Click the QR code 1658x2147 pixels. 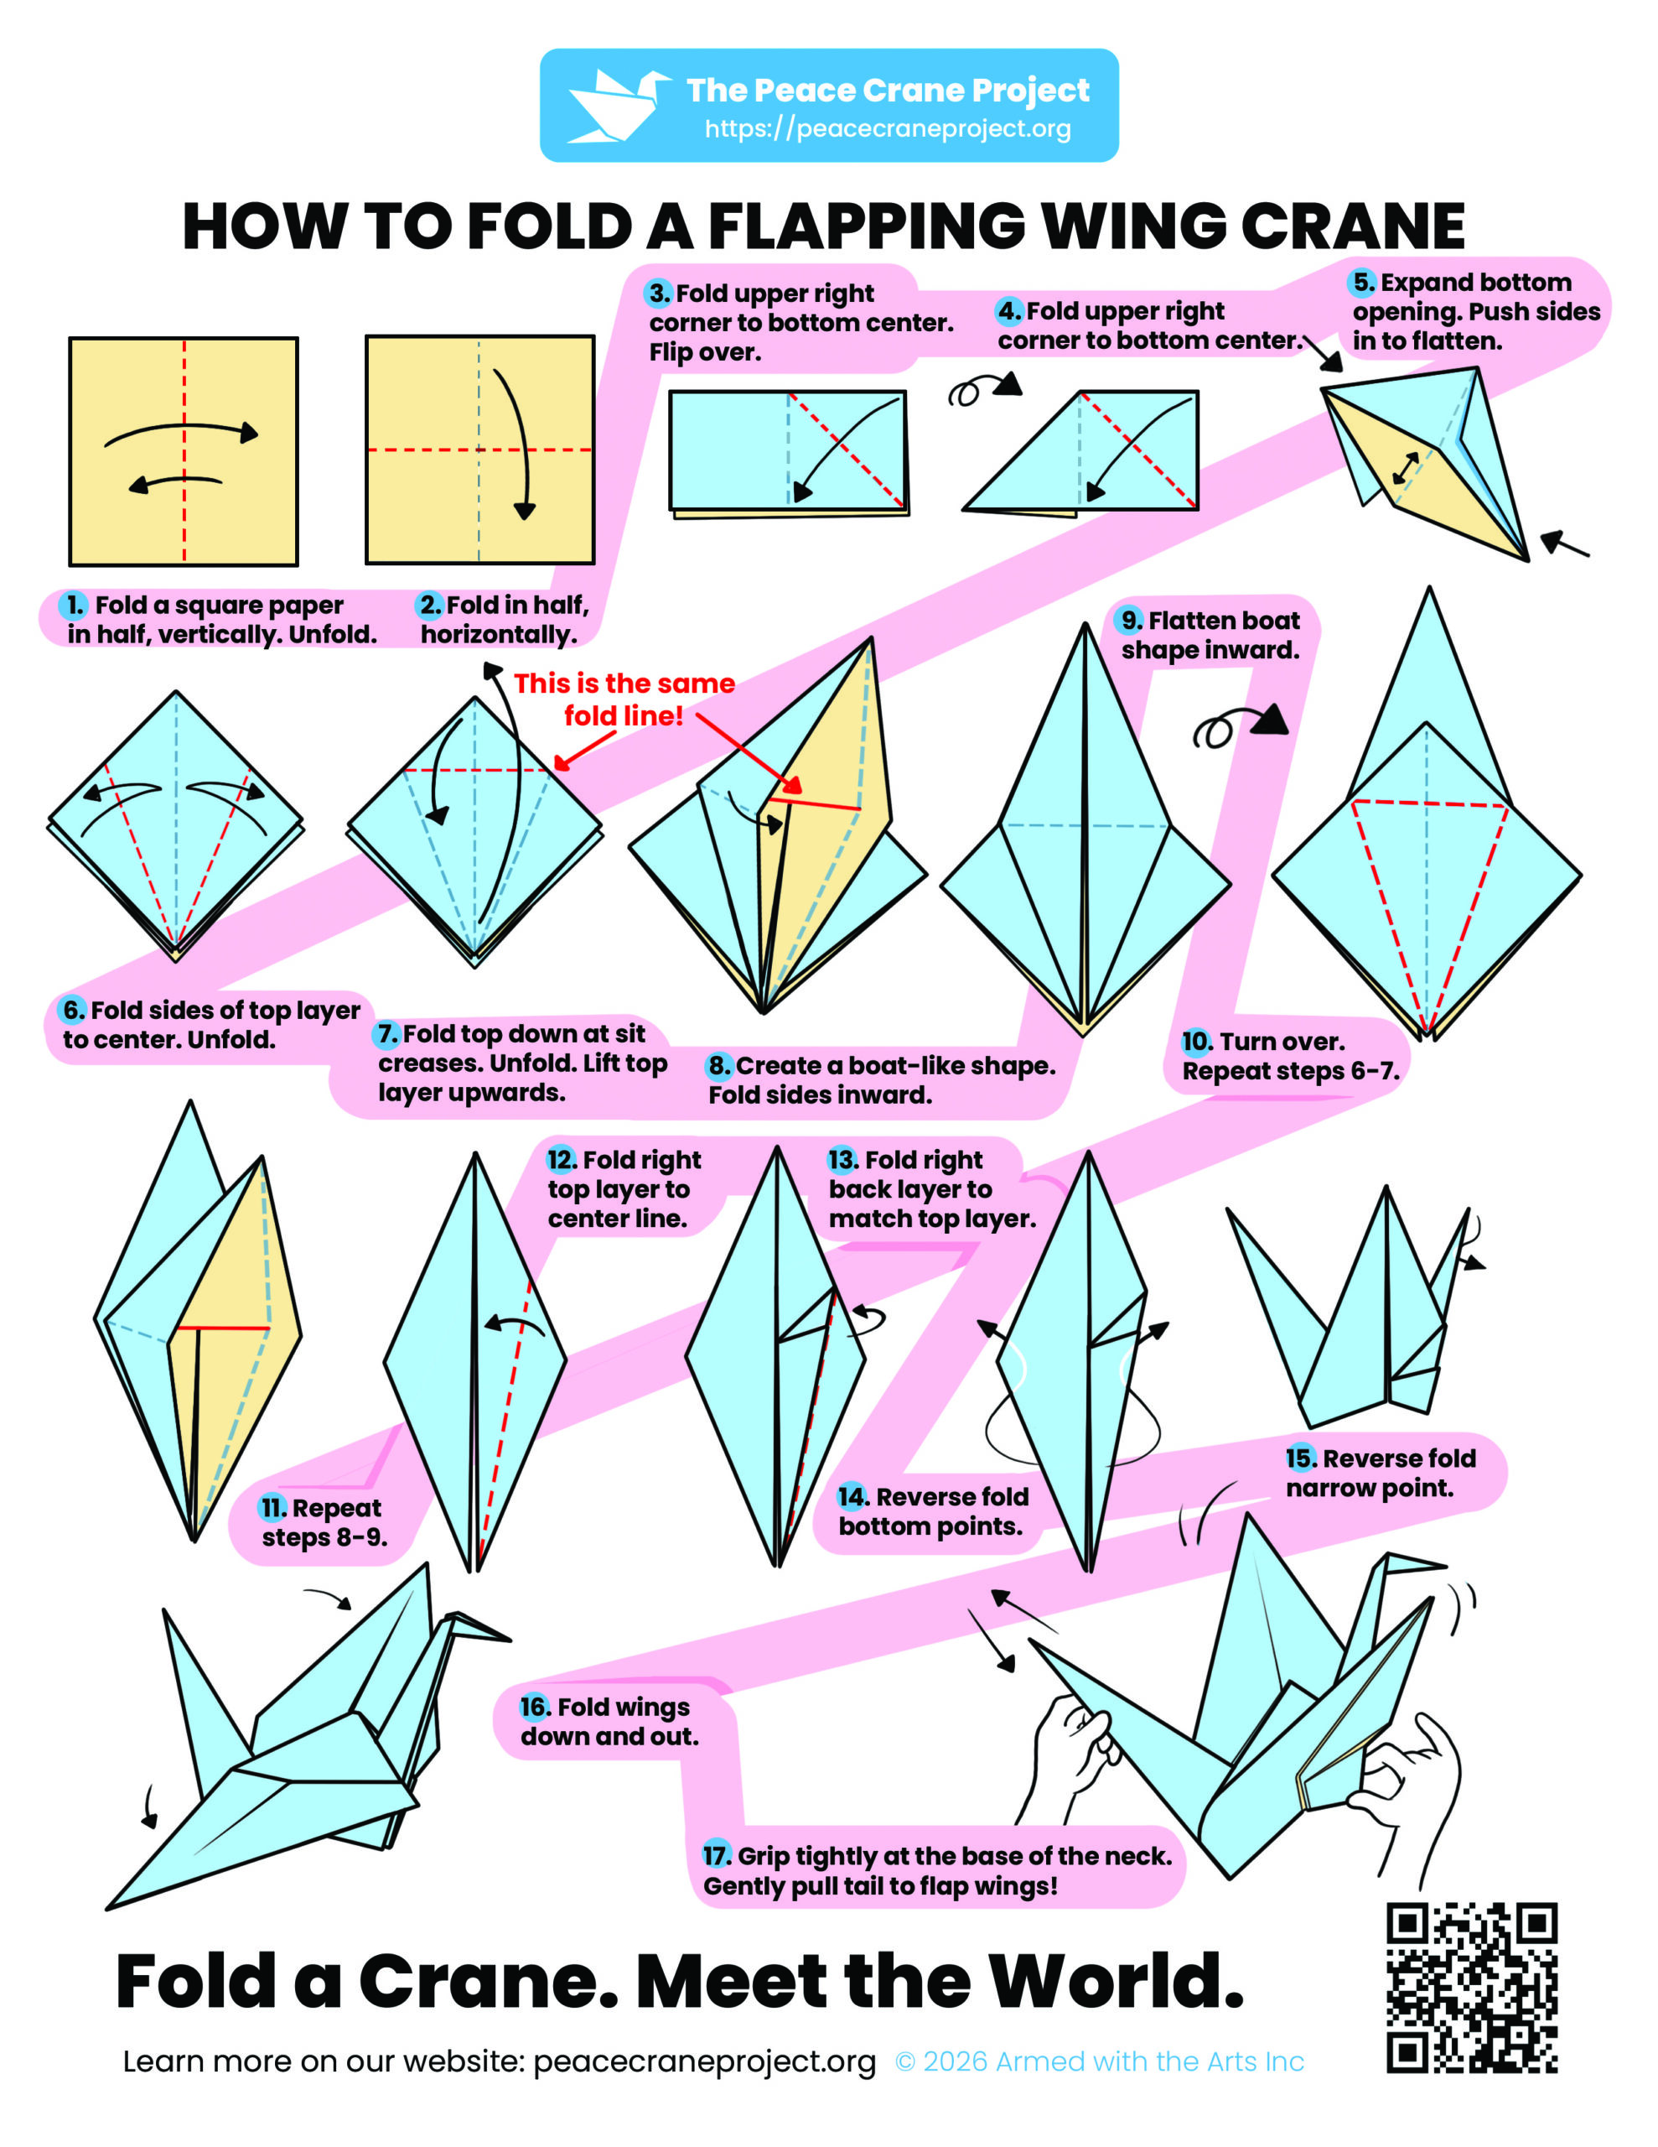click(1471, 1987)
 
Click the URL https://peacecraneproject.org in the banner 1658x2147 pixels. click(888, 129)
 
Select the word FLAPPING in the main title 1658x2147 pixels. click(867, 226)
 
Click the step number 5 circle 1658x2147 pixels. click(1363, 282)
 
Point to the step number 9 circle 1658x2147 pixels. click(1132, 621)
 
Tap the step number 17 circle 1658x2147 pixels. click(718, 1855)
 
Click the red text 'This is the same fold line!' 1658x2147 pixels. click(624, 699)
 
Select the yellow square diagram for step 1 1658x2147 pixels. click(184, 451)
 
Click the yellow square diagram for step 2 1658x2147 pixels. click(479, 450)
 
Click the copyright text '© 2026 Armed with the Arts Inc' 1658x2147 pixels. click(1100, 2061)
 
